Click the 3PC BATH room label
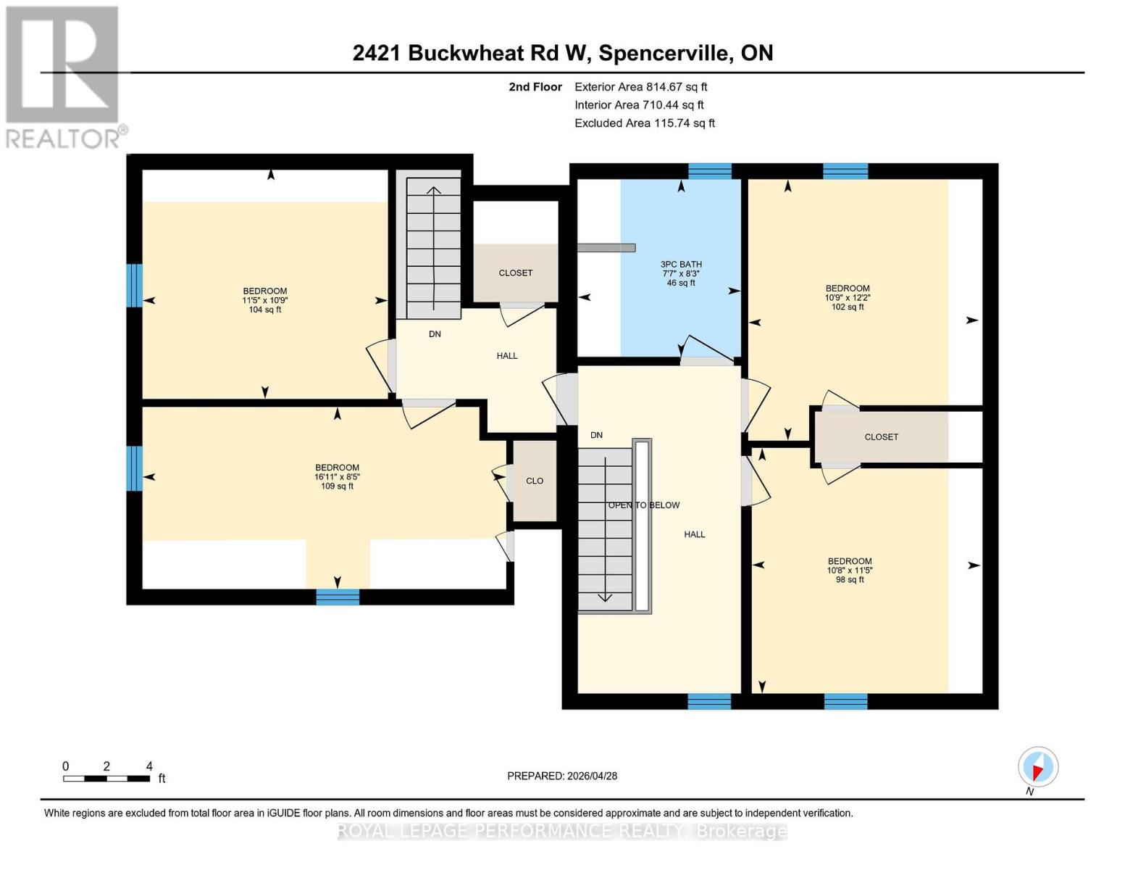[x=680, y=265]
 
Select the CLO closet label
[x=535, y=481]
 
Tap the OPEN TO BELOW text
[x=643, y=505]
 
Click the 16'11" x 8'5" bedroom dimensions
[x=337, y=477]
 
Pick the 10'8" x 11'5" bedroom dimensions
[x=850, y=571]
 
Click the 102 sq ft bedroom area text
[x=848, y=307]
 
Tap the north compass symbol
[x=1037, y=767]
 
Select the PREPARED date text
[x=562, y=776]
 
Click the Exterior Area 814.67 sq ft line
[x=640, y=87]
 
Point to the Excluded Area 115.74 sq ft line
[x=644, y=123]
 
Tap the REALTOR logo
[x=64, y=76]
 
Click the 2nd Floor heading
[x=535, y=87]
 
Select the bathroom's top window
[x=709, y=171]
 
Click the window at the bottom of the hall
[x=708, y=701]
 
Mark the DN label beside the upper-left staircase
[x=435, y=334]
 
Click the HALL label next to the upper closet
[x=507, y=356]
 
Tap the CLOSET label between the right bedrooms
[x=881, y=437]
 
